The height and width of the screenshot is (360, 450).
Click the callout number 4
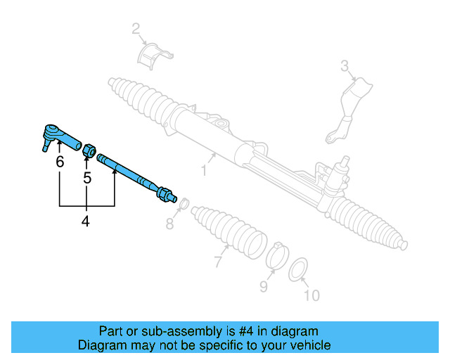pyautogui.click(x=86, y=221)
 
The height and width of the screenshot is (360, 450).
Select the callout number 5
pyautogui.click(x=87, y=179)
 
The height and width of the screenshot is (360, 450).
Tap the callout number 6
pyautogui.click(x=60, y=162)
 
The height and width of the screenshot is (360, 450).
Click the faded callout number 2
pyautogui.click(x=136, y=29)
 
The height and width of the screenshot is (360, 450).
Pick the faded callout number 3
pyautogui.click(x=345, y=66)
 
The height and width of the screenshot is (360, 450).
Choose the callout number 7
pyautogui.click(x=219, y=262)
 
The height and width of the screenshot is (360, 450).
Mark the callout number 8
pyautogui.click(x=169, y=224)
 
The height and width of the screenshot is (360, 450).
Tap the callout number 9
pyautogui.click(x=264, y=286)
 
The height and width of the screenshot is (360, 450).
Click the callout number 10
pyautogui.click(x=310, y=295)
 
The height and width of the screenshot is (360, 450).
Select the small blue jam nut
pyautogui.click(x=89, y=150)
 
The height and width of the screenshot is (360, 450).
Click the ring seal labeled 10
pyautogui.click(x=299, y=268)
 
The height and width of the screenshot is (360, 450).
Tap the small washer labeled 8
pyautogui.click(x=181, y=205)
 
